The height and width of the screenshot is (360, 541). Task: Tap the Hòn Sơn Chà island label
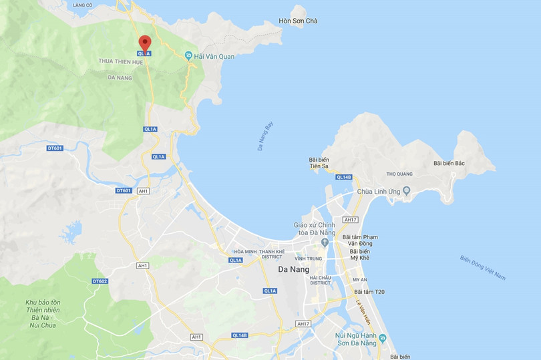pos(298,21)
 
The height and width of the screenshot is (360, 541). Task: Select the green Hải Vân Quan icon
pos(189,55)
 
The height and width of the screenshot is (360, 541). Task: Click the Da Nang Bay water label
pos(267,136)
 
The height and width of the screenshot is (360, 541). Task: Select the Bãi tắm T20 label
pos(369,291)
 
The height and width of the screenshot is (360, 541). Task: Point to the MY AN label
pos(360,280)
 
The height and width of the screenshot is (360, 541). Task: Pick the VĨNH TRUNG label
pos(309,258)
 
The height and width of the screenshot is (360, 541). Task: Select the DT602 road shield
pos(100,281)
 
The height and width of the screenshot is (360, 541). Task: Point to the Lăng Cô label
pos(83,5)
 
